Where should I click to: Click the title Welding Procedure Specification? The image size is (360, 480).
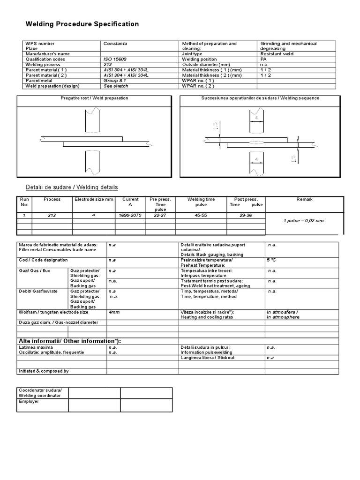coord(82,24)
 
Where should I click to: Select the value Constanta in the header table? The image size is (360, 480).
coord(115,44)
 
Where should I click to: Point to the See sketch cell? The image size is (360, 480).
coord(115,86)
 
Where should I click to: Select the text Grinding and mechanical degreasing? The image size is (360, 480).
coord(288,46)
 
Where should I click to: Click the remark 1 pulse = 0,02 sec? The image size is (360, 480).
coord(304,220)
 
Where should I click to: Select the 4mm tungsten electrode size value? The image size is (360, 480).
coord(114,312)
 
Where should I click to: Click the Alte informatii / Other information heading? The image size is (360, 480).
coord(69,341)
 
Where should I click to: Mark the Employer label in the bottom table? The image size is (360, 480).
coord(29,401)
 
